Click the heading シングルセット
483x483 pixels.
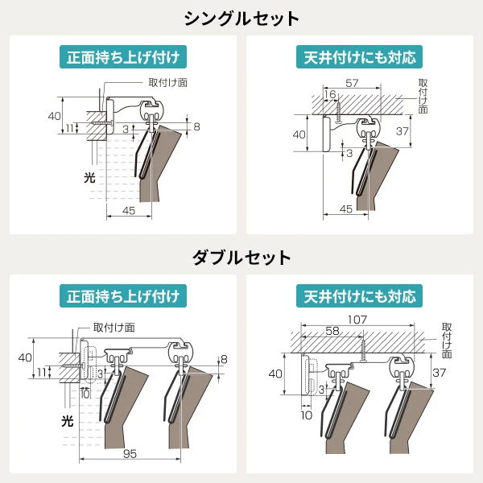click(242, 18)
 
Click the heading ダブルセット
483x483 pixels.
click(242, 258)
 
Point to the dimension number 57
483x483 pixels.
click(352, 83)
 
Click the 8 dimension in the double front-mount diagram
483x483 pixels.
click(225, 358)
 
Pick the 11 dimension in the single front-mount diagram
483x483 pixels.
click(70, 128)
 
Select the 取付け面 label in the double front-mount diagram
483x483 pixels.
click(114, 328)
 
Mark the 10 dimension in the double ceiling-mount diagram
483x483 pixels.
click(306, 416)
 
